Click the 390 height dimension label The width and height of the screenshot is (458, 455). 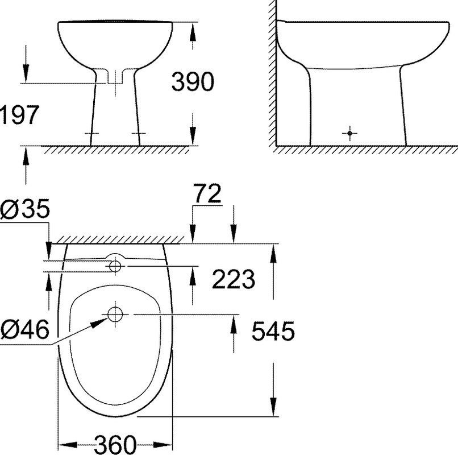pyautogui.click(x=193, y=81)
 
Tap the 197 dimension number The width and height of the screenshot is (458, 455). pyautogui.click(x=19, y=114)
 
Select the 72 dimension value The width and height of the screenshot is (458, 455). pyautogui.click(x=207, y=193)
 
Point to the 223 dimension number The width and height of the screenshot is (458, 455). pyautogui.click(x=234, y=279)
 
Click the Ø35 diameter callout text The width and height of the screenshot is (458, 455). pyautogui.click(x=25, y=209)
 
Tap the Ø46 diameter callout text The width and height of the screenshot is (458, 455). pyautogui.click(x=25, y=329)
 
